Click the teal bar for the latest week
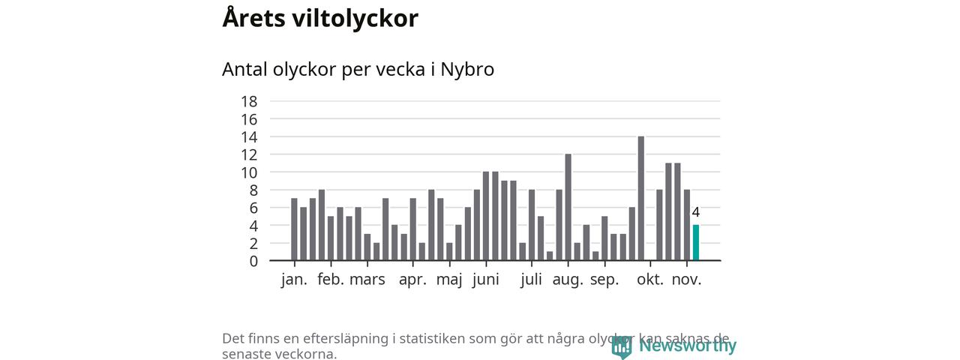[695, 243]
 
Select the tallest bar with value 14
[640, 199]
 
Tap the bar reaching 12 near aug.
[568, 208]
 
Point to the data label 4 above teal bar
[695, 212]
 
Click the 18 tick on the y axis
[249, 101]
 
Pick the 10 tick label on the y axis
[249, 172]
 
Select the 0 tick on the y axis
[253, 261]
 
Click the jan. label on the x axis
[294, 280]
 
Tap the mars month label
[367, 280]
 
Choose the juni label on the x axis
[486, 280]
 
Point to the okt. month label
[650, 280]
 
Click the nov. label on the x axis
[686, 280]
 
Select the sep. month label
[604, 280]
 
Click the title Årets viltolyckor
[320, 18]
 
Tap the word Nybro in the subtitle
[467, 69]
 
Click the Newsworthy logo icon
[621, 346]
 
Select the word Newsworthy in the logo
[687, 346]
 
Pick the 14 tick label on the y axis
[249, 136]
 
